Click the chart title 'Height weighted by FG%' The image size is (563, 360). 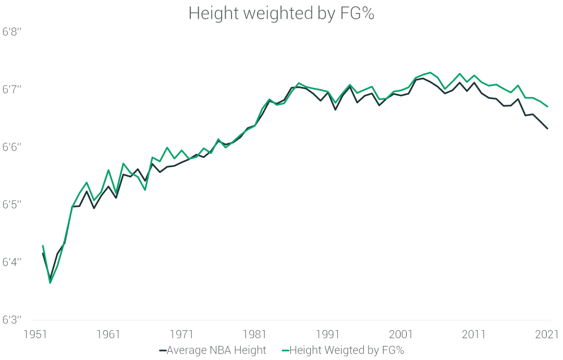pos(281,14)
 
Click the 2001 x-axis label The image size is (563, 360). pos(401,334)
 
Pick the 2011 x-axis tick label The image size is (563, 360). pos(474,334)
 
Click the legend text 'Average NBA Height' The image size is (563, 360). pos(216,351)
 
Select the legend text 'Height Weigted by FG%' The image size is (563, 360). pos(347,351)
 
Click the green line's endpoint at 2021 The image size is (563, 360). pos(547,106)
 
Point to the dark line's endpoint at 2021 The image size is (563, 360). pos(547,128)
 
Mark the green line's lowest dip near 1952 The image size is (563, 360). pos(50,283)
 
